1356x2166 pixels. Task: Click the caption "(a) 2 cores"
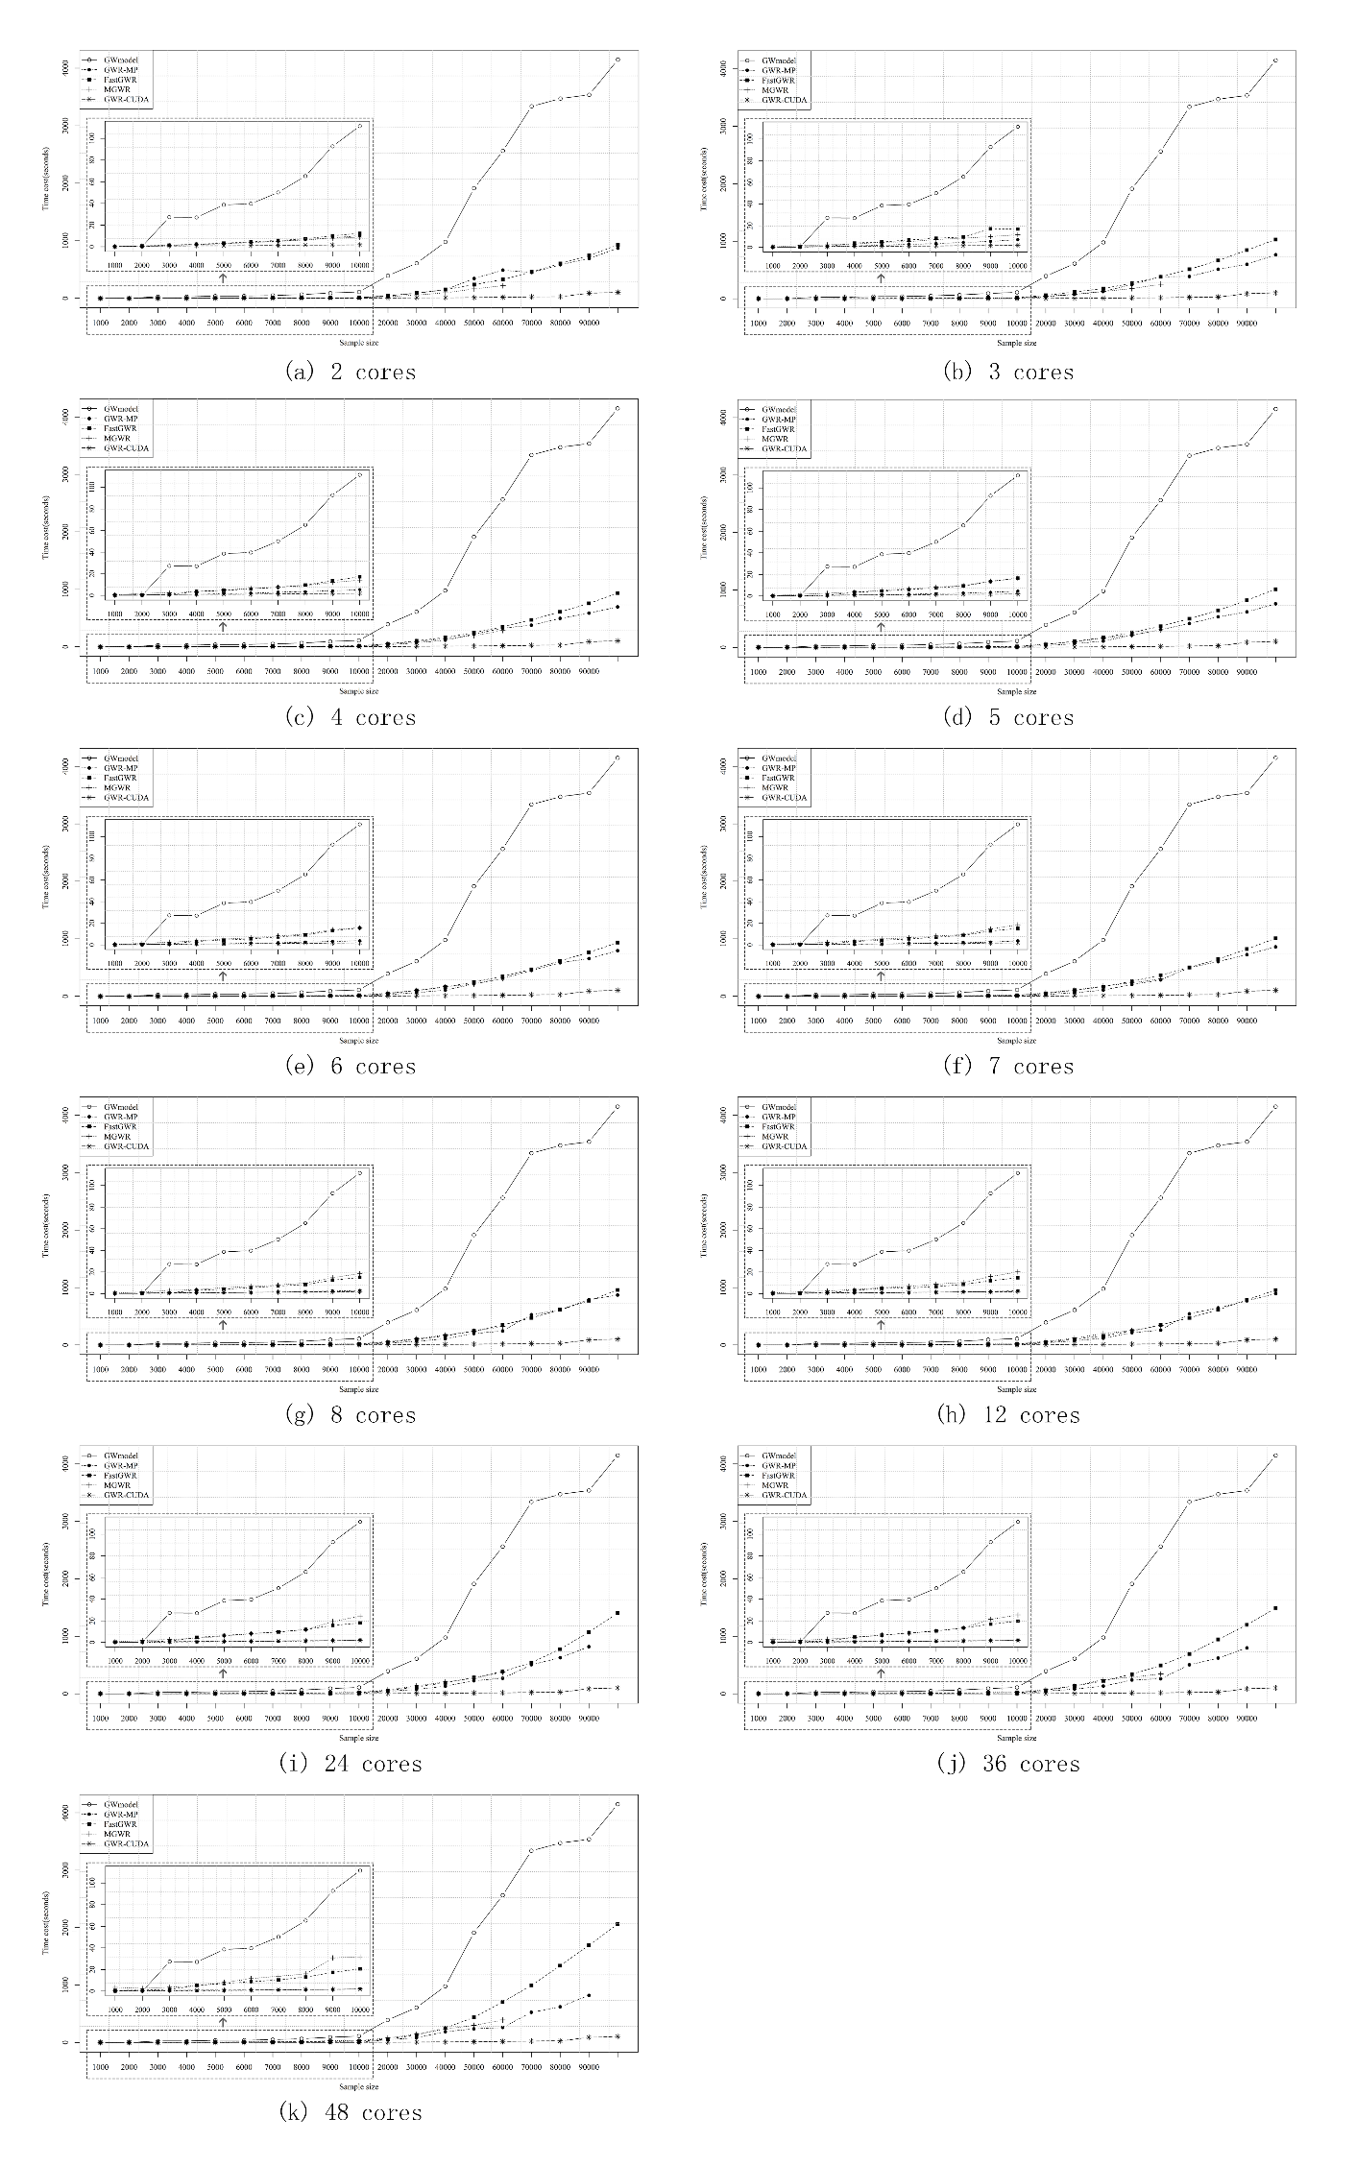pos(351,373)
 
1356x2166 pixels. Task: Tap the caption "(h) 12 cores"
pos(1008,1415)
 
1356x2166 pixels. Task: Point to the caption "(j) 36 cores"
pos(1008,1764)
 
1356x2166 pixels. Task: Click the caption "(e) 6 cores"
pos(351,1067)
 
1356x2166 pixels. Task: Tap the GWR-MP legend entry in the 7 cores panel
pos(779,768)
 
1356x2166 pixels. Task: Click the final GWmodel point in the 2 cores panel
pos(617,60)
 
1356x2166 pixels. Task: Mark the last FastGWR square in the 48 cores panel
pos(617,1924)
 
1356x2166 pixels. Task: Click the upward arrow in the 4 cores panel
pos(223,626)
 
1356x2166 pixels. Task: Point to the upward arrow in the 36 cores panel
pos(881,1673)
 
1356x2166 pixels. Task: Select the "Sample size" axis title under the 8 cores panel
pos(358,1389)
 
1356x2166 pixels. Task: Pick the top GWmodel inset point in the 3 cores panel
pos(1018,126)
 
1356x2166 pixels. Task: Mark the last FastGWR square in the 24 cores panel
pos(617,1613)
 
